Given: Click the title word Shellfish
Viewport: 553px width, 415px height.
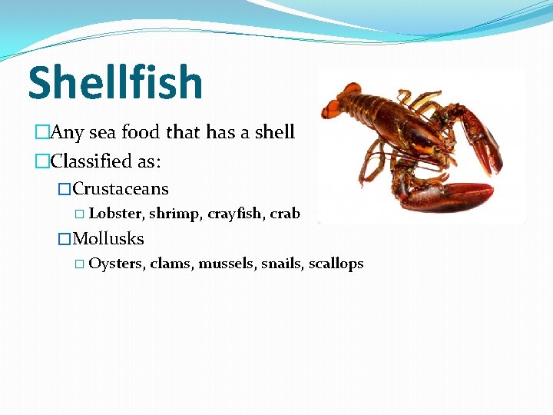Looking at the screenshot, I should [x=115, y=83].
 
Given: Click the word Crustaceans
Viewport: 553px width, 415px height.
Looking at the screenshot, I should [x=121, y=189].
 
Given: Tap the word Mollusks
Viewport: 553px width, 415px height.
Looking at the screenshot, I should [x=108, y=239].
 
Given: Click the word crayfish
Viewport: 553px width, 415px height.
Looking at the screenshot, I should [x=235, y=214].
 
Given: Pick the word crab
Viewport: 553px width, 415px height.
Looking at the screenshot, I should [x=285, y=214].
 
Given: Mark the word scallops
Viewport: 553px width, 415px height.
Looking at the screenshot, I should [x=336, y=264].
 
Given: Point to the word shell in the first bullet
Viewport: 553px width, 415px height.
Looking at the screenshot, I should [x=274, y=132].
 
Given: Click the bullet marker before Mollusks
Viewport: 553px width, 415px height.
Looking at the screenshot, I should [x=65, y=239].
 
